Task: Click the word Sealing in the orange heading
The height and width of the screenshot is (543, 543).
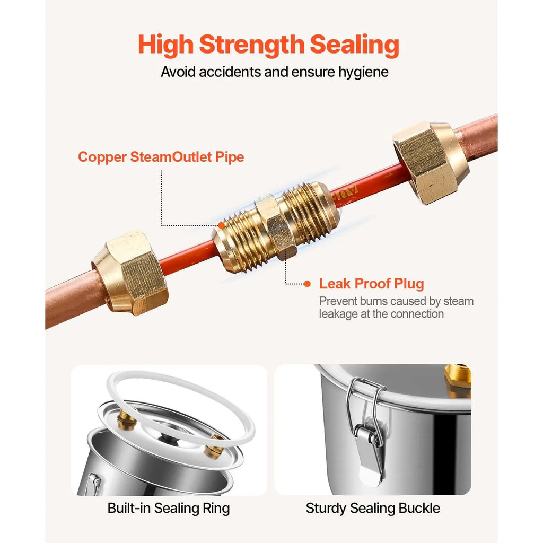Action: coord(354,45)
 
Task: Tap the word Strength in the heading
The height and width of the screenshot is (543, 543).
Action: coord(251,45)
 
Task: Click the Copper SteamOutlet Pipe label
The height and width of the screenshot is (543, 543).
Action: coord(161,157)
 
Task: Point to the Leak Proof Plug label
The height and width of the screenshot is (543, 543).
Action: coord(372,284)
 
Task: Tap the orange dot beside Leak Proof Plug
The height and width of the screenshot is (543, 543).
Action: coord(307,284)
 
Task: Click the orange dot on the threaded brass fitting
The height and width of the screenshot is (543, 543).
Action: coord(221,226)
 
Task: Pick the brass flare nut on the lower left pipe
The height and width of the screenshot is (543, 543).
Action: coord(130,273)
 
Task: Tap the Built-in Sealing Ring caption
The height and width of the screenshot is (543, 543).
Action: coord(169,509)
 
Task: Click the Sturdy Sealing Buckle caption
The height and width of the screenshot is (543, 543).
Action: coord(373,509)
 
